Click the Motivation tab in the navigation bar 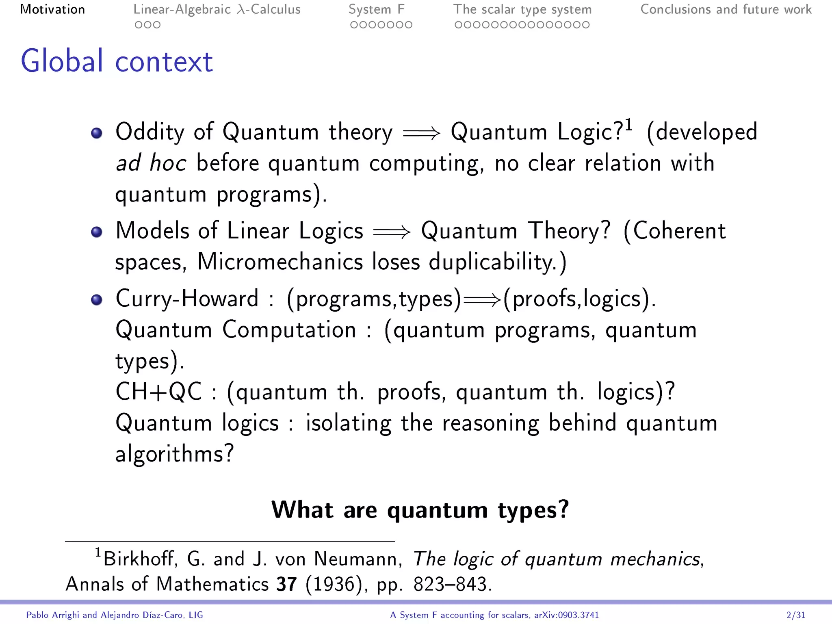(x=52, y=9)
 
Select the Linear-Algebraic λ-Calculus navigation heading (x=217, y=9)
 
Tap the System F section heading (x=376, y=9)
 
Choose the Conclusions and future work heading (x=726, y=9)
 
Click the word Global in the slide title (x=62, y=61)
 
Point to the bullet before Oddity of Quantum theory (x=97, y=133)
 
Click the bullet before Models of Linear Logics (x=97, y=232)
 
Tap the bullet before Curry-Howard (x=97, y=300)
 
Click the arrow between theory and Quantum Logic (x=421, y=133)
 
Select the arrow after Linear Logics (x=392, y=232)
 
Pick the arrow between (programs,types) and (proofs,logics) (x=482, y=300)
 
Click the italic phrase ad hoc (x=151, y=163)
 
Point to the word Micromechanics (x=280, y=262)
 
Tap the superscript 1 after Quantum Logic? (x=628, y=124)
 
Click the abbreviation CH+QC (x=158, y=392)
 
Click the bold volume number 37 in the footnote (x=286, y=584)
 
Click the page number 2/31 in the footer (x=795, y=615)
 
